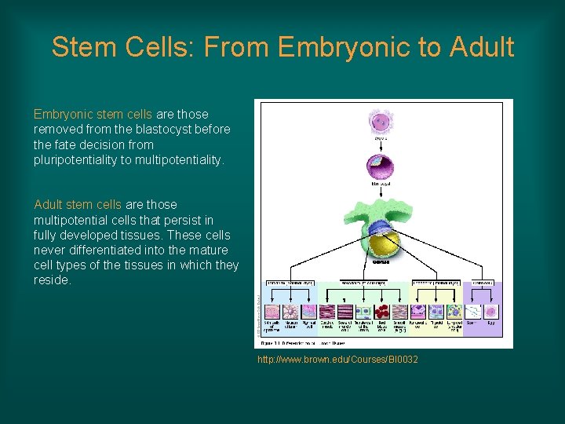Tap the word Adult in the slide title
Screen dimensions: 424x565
click(x=482, y=48)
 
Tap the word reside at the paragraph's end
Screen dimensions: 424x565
click(x=52, y=280)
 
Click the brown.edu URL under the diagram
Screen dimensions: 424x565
click(x=337, y=360)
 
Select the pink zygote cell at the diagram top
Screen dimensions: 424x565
click(x=380, y=123)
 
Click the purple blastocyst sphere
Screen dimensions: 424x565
click(x=380, y=168)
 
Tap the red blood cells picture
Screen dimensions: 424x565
click(x=382, y=311)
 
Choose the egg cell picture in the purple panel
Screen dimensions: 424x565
click(x=491, y=311)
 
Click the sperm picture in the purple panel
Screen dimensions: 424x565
click(x=472, y=311)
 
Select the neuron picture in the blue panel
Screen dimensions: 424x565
click(x=290, y=311)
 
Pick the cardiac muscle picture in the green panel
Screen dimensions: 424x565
click(x=327, y=311)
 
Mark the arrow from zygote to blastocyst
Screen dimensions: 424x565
click(x=380, y=146)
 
